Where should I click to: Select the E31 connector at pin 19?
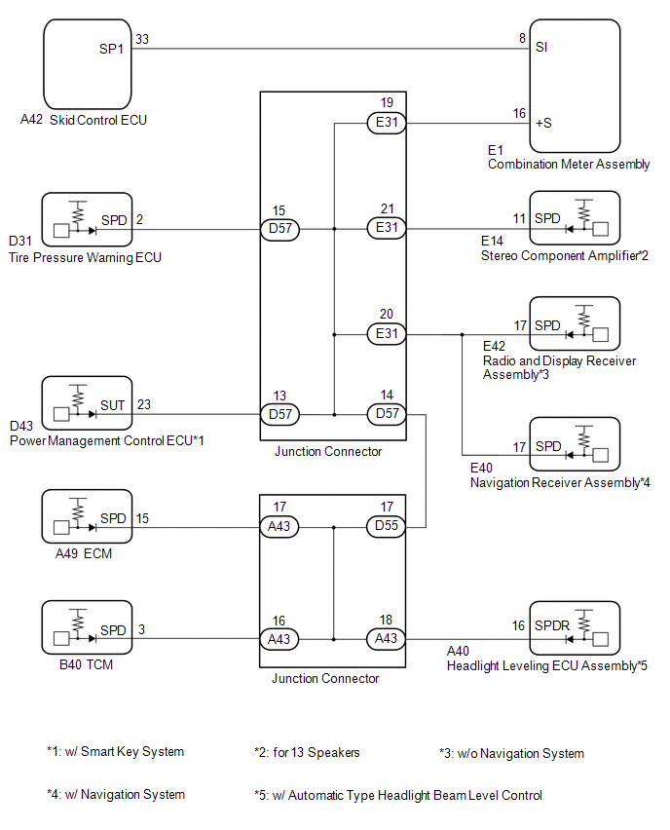(387, 123)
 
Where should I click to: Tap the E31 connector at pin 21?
(387, 228)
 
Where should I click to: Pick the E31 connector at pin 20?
(387, 334)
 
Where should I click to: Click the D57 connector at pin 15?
(279, 229)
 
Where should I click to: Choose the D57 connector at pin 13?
(279, 414)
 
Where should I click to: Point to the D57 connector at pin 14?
(387, 414)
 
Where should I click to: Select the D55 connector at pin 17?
(386, 527)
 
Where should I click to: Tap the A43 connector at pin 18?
(386, 639)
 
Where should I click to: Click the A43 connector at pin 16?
(279, 639)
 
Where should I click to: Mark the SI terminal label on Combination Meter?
(541, 48)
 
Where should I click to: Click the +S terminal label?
(543, 124)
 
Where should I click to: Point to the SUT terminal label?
(113, 405)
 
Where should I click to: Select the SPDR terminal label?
(552, 625)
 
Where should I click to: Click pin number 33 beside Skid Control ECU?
(142, 39)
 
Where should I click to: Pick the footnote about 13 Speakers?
(307, 753)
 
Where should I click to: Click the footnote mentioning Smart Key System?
(115, 752)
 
